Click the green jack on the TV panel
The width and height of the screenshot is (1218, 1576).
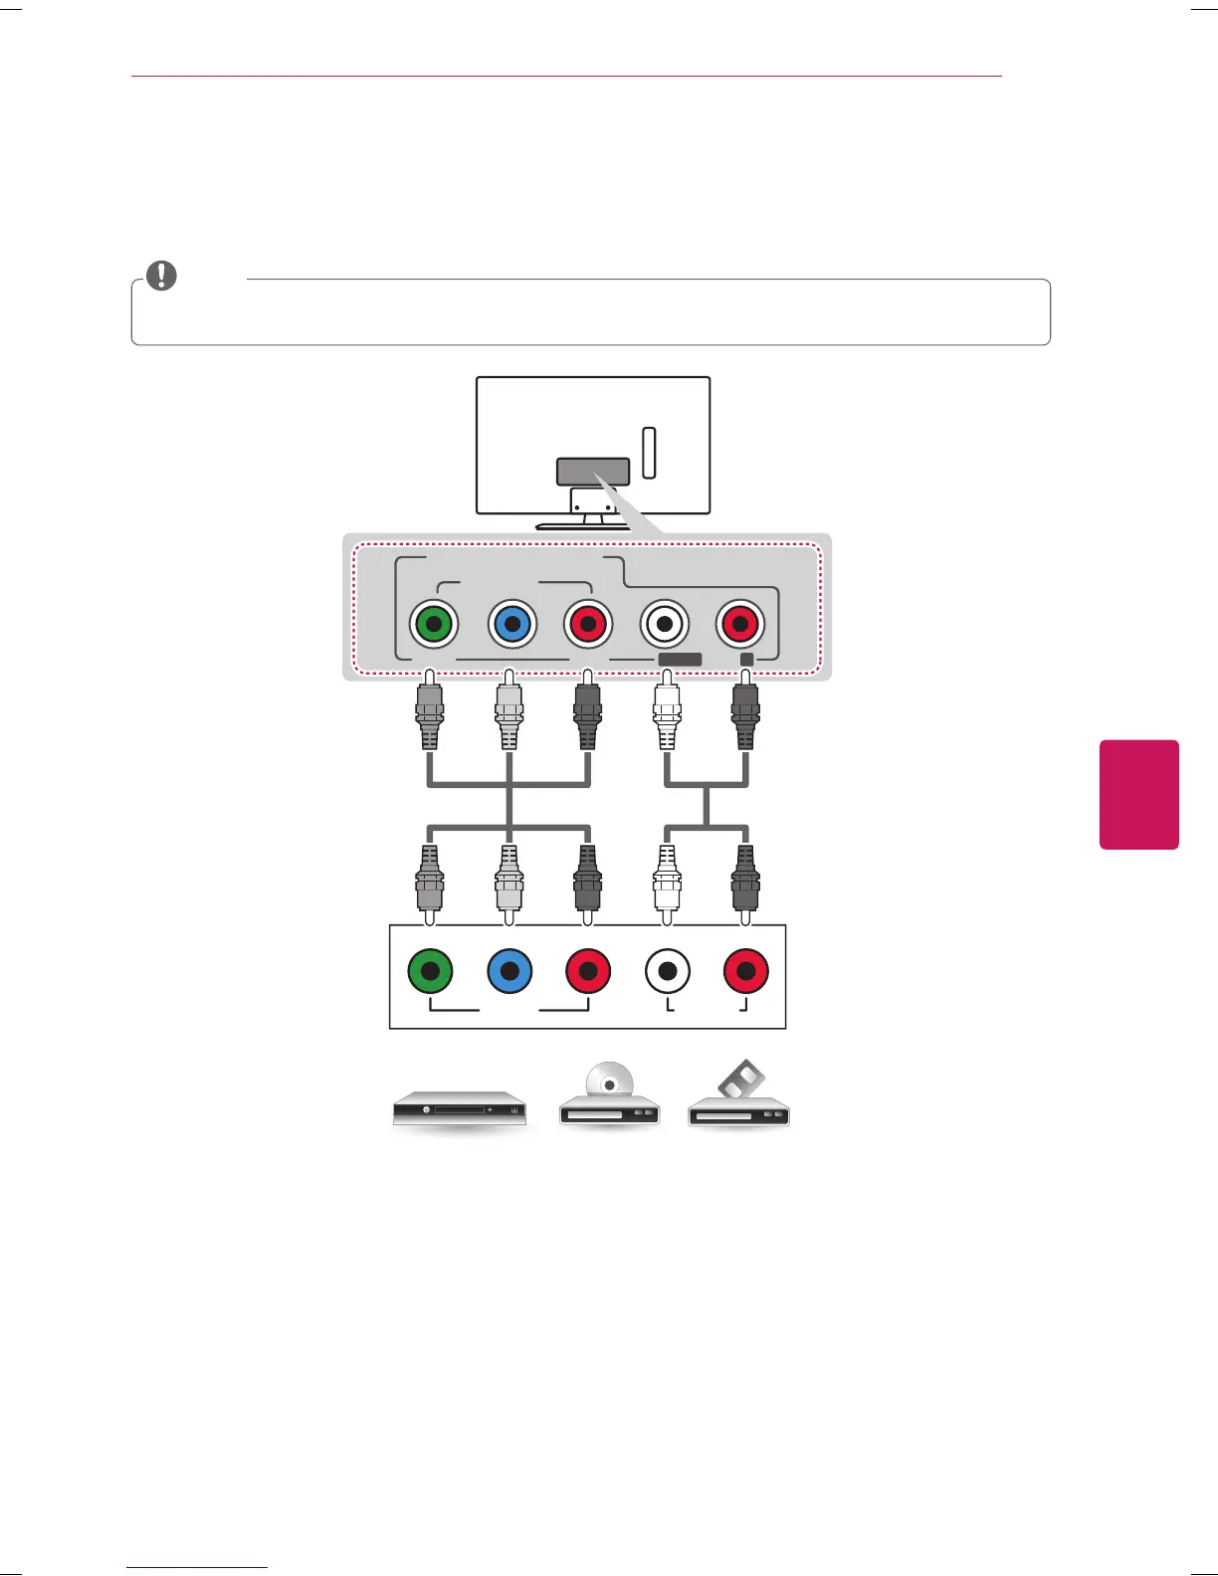click(x=433, y=624)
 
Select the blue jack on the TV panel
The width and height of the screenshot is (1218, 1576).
click(x=511, y=624)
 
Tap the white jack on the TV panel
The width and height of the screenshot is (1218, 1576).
click(x=664, y=624)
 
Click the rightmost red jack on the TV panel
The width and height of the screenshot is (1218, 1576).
click(x=739, y=624)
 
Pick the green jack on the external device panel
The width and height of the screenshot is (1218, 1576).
click(x=430, y=971)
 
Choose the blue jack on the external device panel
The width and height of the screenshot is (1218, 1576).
click(x=509, y=971)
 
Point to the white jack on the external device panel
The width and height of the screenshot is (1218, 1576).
click(x=667, y=971)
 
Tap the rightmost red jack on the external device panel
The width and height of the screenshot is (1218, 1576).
click(x=746, y=971)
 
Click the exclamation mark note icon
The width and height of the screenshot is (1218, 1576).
click(x=161, y=276)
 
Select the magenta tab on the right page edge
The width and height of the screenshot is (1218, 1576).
click(x=1138, y=794)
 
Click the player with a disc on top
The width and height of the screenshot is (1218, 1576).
click(x=609, y=1099)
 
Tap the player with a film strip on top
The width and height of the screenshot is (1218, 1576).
click(x=738, y=1099)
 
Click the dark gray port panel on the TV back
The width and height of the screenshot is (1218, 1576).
click(x=593, y=472)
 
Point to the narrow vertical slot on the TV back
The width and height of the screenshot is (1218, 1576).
click(x=649, y=453)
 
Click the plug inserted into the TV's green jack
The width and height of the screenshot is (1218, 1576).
click(x=430, y=712)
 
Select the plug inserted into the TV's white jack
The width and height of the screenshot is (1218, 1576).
click(x=666, y=712)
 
